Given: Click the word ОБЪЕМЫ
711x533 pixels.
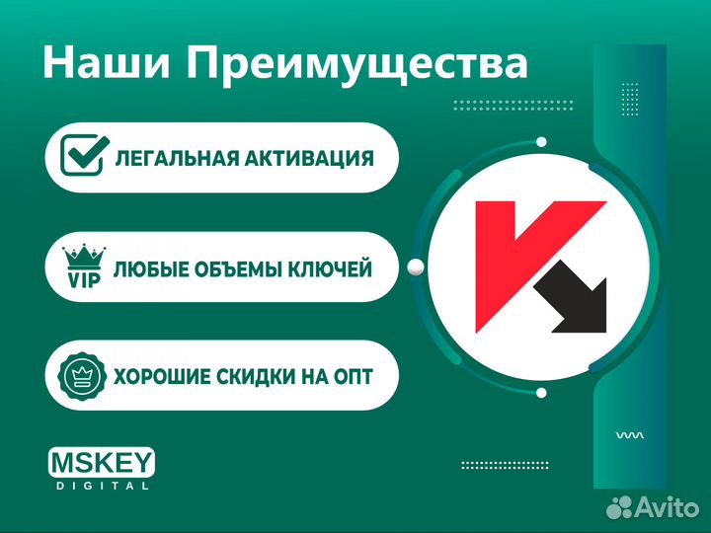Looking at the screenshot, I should [x=239, y=267].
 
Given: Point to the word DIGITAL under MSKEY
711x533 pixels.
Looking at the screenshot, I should [x=101, y=486].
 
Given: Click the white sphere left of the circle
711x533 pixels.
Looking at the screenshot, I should [x=416, y=265].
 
